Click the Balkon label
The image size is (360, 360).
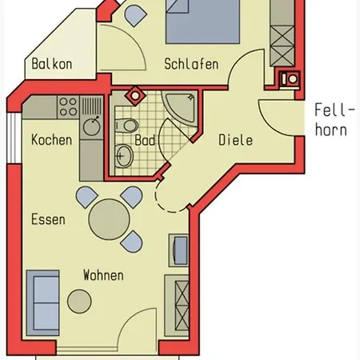pyautogui.click(x=53, y=65)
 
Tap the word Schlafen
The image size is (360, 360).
pyautogui.click(x=191, y=65)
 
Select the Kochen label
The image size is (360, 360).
pyautogui.click(x=51, y=139)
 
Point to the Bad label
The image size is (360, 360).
pyautogui.click(x=145, y=139)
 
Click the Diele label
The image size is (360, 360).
pyautogui.click(x=235, y=139)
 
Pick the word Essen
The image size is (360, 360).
pyautogui.click(x=48, y=219)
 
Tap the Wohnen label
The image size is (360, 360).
pyautogui.click(x=103, y=275)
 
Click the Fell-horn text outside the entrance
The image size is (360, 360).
pyautogui.click(x=330, y=120)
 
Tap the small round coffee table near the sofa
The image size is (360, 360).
pyautogui.click(x=79, y=301)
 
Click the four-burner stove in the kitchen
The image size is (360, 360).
pyautogui.click(x=66, y=106)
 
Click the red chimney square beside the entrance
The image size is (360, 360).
pyautogui.click(x=289, y=79)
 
